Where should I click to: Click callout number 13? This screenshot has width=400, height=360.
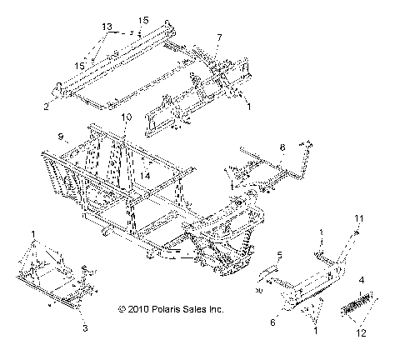tap(106, 26)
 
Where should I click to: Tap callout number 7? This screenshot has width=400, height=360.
tap(219, 37)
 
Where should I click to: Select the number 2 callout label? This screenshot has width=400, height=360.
tap(46, 107)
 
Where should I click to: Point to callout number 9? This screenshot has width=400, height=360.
tap(61, 135)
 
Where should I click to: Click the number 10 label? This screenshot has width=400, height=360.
tap(127, 117)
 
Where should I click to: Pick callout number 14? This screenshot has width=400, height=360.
tap(145, 175)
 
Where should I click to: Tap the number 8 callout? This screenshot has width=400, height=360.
tap(282, 147)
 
